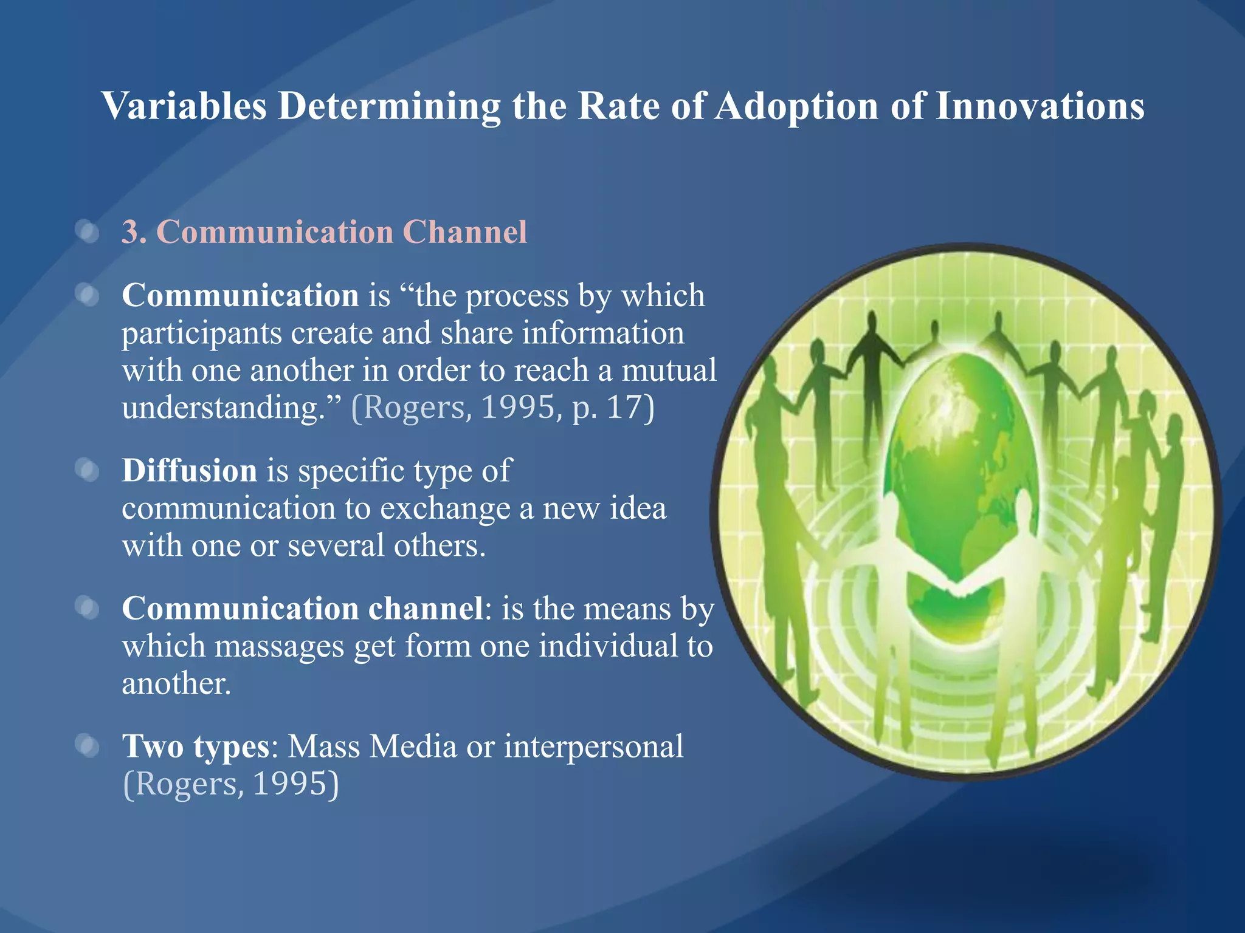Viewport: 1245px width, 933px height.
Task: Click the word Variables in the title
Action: (x=184, y=106)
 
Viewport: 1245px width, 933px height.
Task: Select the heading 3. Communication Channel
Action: (x=324, y=232)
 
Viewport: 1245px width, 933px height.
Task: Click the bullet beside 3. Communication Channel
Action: (x=88, y=232)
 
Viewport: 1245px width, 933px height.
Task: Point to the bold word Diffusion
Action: (x=189, y=471)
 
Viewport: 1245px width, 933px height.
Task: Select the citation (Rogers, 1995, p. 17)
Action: (x=503, y=408)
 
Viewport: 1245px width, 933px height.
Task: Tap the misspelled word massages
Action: (x=279, y=646)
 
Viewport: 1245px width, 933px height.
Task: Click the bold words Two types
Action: (x=196, y=747)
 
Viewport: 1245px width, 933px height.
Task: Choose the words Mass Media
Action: (x=372, y=747)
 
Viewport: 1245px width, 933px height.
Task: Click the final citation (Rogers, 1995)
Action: (x=230, y=784)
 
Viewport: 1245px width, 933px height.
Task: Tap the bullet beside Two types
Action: (x=88, y=747)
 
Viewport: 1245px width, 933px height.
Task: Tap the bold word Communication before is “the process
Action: (x=240, y=296)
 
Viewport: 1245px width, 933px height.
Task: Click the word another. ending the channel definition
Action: (x=176, y=683)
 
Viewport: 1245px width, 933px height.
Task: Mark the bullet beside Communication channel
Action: (x=88, y=608)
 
